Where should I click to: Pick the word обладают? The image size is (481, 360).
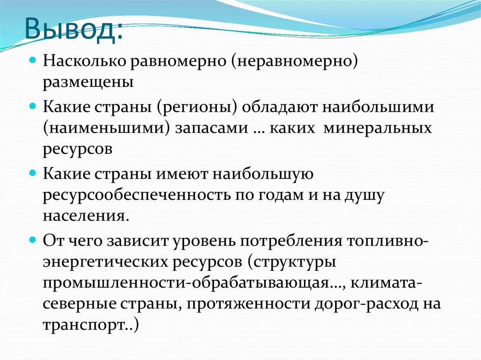point(280,107)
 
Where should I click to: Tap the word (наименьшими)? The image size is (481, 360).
point(107,128)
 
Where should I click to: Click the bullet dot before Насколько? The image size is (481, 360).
point(33,61)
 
